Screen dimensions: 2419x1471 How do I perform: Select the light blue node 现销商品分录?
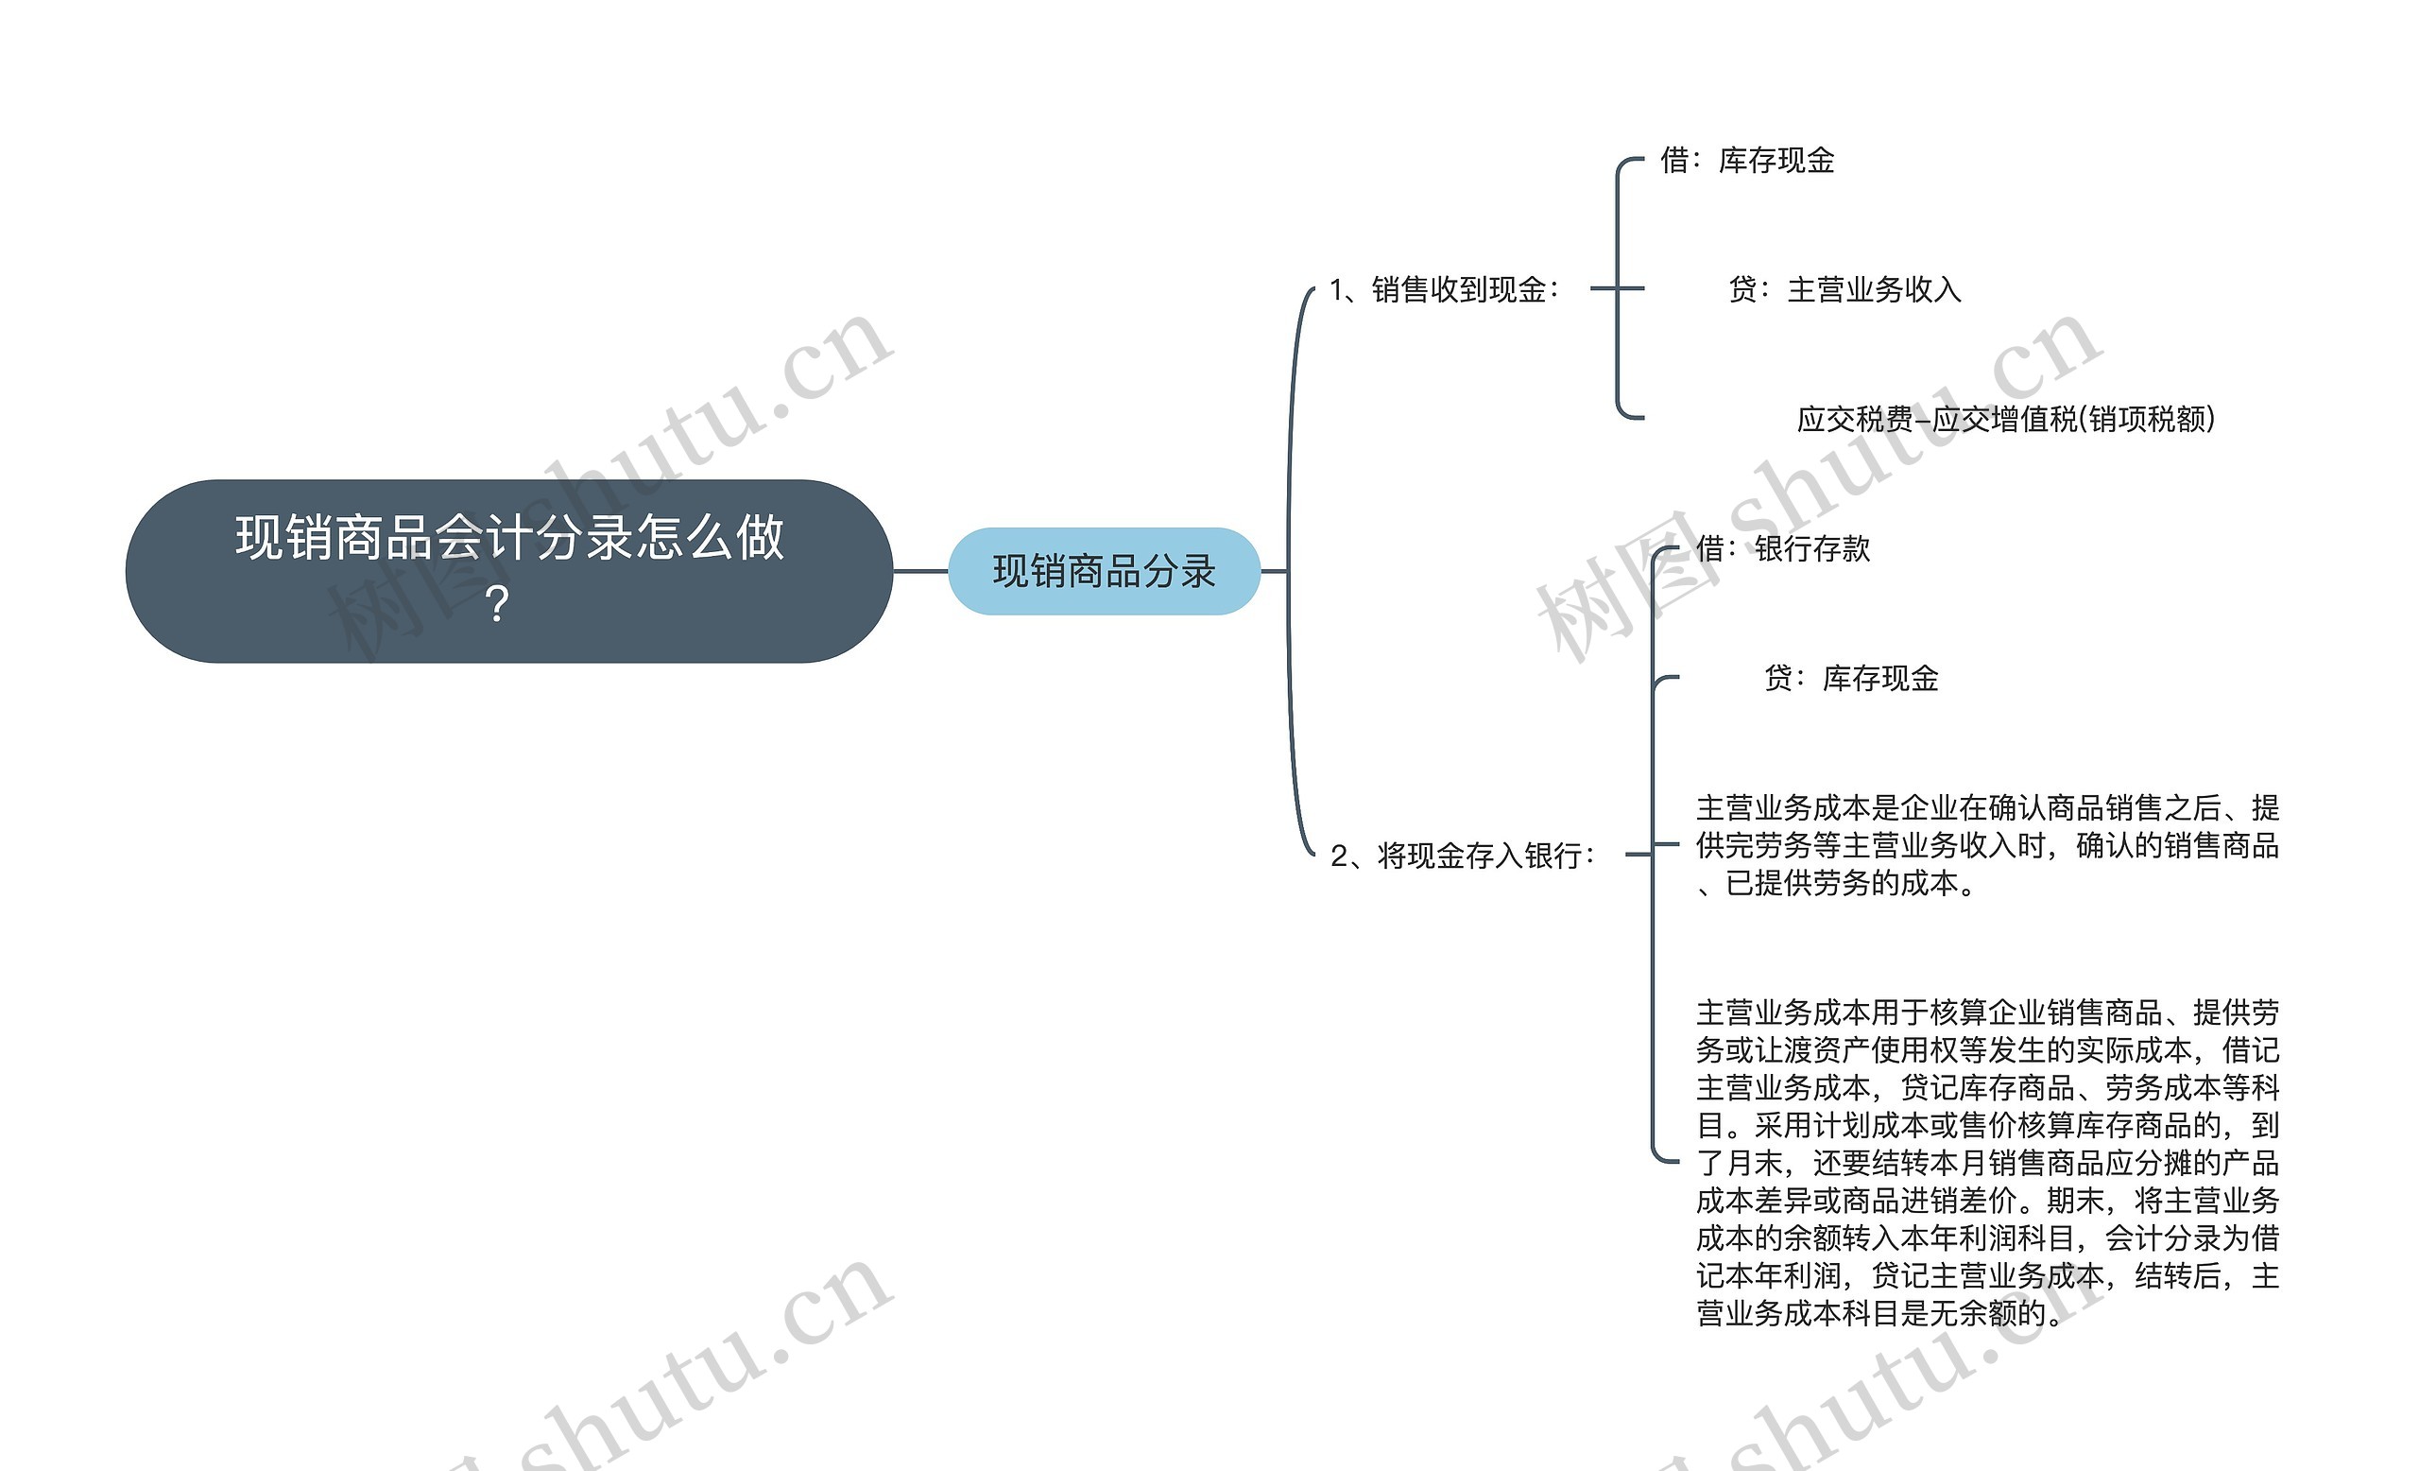click(1104, 572)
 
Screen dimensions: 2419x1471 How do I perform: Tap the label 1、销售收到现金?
click(1443, 289)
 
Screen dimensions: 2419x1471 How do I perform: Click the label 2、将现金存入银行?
click(1462, 856)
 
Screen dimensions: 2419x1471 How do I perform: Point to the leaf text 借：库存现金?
click(1746, 160)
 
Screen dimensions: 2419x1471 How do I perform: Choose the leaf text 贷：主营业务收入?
click(1844, 289)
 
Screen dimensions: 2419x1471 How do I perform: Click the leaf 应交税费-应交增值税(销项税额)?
click(2006, 420)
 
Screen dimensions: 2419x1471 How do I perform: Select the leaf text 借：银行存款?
click(1783, 549)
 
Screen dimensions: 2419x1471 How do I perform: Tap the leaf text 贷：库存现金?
click(1850, 679)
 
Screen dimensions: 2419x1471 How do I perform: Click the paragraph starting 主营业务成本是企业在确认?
click(1987, 845)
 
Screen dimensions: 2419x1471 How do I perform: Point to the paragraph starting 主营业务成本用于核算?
click(1987, 1163)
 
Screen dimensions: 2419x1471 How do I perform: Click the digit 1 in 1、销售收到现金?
click(1337, 289)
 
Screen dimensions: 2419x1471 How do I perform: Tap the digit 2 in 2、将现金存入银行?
click(1339, 857)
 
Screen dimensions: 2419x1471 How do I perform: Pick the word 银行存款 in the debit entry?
click(1812, 549)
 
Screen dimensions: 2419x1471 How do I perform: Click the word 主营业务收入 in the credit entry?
click(1874, 289)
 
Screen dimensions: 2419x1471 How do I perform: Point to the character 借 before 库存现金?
click(1674, 160)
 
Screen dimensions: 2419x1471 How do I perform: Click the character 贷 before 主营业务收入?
click(1743, 289)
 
